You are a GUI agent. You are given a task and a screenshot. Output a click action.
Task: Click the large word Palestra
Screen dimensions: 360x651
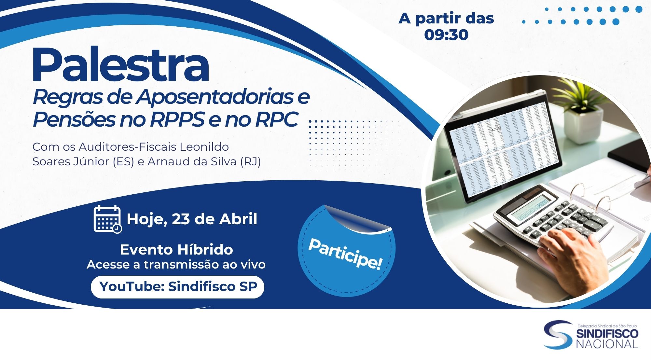click(120, 65)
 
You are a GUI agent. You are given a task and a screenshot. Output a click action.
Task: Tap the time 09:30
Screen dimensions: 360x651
click(446, 35)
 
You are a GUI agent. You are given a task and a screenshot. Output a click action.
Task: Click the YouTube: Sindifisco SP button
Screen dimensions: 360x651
click(177, 287)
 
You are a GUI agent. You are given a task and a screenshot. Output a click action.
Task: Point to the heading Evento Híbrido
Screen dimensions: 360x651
click(176, 250)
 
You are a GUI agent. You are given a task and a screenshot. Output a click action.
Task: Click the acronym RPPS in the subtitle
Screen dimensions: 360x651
click(177, 119)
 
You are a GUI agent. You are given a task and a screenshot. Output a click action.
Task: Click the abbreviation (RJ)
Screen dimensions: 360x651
click(250, 161)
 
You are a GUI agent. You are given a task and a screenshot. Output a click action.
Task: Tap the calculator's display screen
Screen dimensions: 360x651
click(533, 207)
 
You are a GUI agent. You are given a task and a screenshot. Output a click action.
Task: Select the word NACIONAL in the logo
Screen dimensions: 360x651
click(607, 344)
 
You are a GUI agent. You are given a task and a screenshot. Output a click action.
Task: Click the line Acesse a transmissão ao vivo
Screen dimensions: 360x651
click(176, 265)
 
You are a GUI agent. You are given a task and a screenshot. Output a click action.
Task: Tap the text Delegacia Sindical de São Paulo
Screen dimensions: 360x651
click(607, 326)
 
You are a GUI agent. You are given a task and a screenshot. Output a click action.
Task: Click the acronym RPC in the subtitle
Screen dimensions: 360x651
click(276, 119)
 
